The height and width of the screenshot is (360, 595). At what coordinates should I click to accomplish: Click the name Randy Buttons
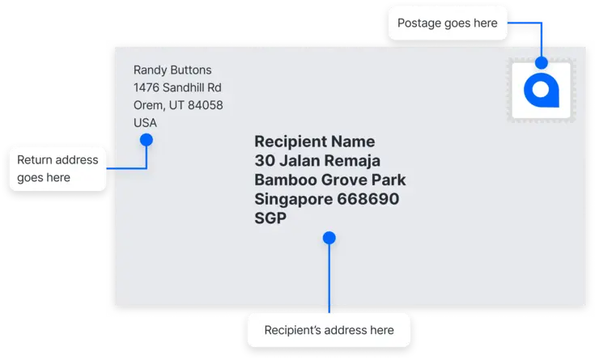click(x=172, y=70)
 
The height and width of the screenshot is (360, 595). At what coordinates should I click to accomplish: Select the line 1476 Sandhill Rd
click(x=177, y=87)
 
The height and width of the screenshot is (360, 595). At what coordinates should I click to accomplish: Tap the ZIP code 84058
click(x=206, y=105)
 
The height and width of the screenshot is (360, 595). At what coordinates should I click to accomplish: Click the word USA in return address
click(x=145, y=122)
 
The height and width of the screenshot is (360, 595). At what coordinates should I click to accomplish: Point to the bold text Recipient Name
click(x=315, y=142)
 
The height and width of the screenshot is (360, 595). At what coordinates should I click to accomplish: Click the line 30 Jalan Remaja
click(x=317, y=160)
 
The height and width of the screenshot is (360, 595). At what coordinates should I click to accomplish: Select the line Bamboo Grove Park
click(x=330, y=180)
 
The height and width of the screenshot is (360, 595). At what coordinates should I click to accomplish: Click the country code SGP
click(x=270, y=218)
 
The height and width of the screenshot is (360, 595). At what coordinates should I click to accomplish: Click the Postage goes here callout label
click(x=448, y=23)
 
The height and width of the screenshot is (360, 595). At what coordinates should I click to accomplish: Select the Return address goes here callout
click(x=57, y=169)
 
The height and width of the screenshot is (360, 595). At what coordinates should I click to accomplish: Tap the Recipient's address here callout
click(x=329, y=330)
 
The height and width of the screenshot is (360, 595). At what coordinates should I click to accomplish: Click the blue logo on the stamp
click(x=542, y=91)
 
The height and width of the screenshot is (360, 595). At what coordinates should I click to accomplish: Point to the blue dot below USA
click(x=147, y=140)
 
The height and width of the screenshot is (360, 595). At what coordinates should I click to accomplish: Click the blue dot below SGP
click(x=329, y=238)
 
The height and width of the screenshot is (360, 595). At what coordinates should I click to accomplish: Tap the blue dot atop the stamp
click(x=542, y=62)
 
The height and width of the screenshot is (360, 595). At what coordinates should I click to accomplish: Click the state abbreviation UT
click(x=176, y=105)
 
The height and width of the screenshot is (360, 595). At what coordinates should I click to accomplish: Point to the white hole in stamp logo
click(x=541, y=90)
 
